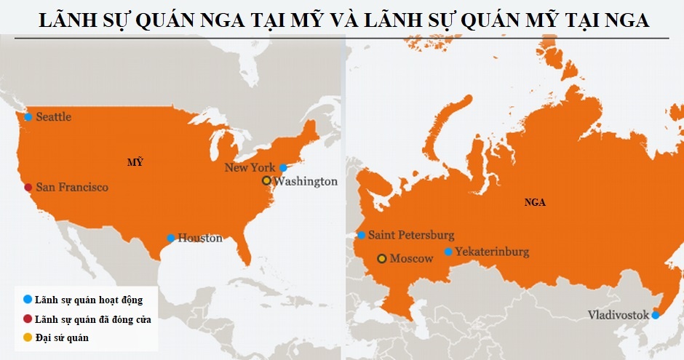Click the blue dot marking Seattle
(28, 117)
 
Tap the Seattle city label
(53, 117)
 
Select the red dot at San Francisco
(28, 188)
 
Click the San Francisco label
(71, 188)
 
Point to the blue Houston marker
(170, 238)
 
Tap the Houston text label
(200, 238)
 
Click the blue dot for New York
(283, 168)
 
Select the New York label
(250, 168)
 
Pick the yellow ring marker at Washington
(266, 180)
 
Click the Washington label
(306, 181)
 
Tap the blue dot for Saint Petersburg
(361, 235)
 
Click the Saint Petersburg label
(411, 235)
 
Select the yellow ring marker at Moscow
(382, 258)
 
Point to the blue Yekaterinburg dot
(448, 252)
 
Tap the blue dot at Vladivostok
(656, 315)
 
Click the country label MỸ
(135, 161)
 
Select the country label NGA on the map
(535, 202)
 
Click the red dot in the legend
(28, 319)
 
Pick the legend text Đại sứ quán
(62, 337)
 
